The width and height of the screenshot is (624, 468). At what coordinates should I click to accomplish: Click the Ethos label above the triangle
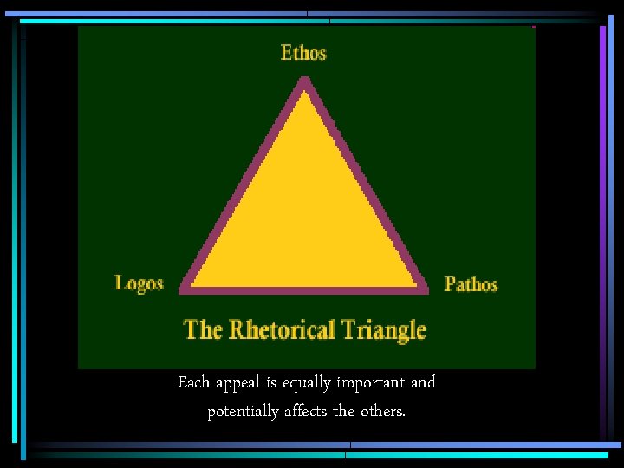pyautogui.click(x=303, y=52)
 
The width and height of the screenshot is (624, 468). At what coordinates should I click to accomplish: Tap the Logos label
pyautogui.click(x=139, y=283)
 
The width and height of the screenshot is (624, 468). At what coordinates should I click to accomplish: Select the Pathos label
pyautogui.click(x=471, y=283)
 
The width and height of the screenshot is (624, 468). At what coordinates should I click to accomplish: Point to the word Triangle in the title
pyautogui.click(x=383, y=330)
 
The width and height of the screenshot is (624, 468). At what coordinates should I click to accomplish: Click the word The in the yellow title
pyautogui.click(x=203, y=329)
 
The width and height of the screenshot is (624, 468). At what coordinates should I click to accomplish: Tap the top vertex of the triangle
pyautogui.click(x=303, y=81)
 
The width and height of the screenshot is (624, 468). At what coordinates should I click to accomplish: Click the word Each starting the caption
pyautogui.click(x=193, y=382)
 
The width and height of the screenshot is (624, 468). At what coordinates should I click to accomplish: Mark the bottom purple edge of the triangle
pyautogui.click(x=303, y=287)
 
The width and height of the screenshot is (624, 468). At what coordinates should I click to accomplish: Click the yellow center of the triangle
pyautogui.click(x=303, y=217)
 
